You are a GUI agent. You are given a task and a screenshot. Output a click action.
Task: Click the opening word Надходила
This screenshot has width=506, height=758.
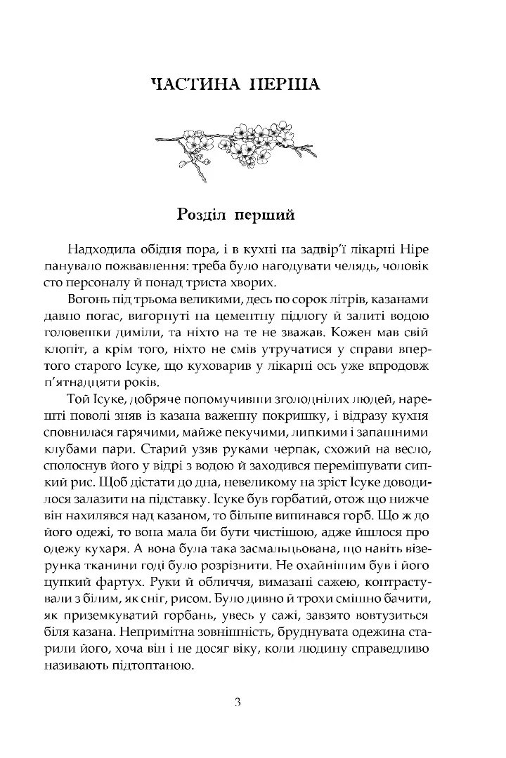click(x=103, y=252)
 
